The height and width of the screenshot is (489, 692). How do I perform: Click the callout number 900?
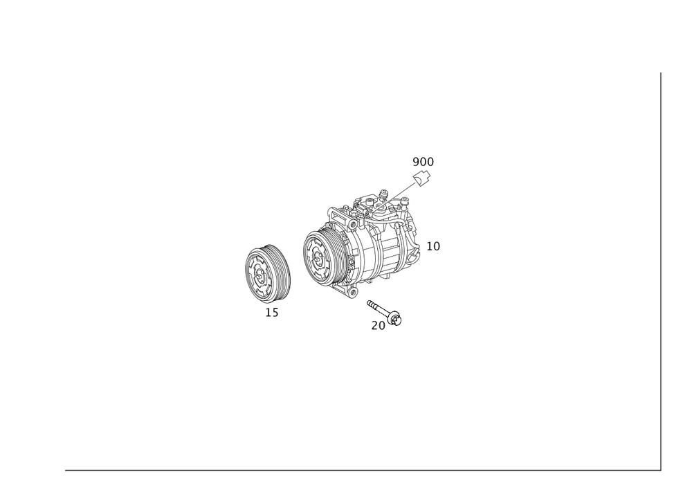pyautogui.click(x=422, y=162)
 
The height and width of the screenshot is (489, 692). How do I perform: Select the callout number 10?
pyautogui.click(x=433, y=246)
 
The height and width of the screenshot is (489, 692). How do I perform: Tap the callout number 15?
pyautogui.click(x=272, y=313)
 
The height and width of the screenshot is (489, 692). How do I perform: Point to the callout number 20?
pyautogui.click(x=378, y=325)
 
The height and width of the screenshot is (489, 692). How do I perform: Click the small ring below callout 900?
pyautogui.click(x=423, y=178)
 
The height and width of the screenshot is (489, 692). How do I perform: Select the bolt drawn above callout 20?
pyautogui.click(x=385, y=311)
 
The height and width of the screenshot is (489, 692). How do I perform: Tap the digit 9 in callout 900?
pyautogui.click(x=415, y=162)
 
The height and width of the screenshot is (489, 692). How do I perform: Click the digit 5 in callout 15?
pyautogui.click(x=275, y=313)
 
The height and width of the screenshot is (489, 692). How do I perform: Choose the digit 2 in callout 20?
pyautogui.click(x=374, y=325)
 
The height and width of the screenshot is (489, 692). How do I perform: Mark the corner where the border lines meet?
pyautogui.click(x=659, y=471)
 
